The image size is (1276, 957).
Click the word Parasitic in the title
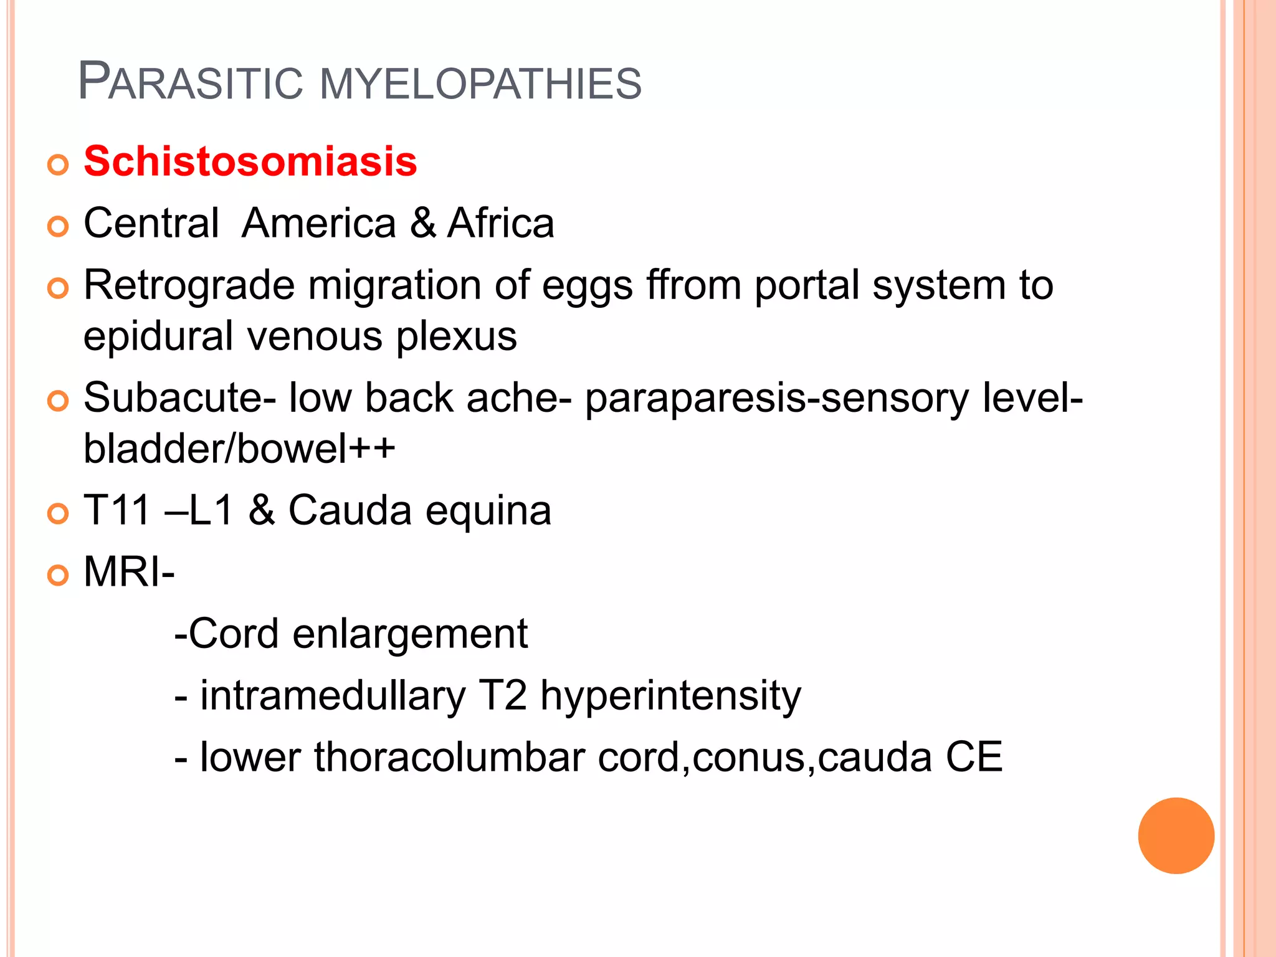coord(190,82)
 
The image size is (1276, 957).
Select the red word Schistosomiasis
coord(250,161)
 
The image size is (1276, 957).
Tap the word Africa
coord(500,223)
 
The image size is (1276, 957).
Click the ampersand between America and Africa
coord(422,223)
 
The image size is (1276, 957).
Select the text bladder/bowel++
coord(239,449)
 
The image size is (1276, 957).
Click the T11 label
coord(117,510)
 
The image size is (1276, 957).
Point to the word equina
coord(488,512)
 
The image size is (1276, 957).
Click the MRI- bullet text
coord(129,571)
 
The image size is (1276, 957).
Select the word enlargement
coord(410,634)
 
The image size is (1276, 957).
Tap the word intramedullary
coord(332,696)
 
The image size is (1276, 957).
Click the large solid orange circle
coord(1176,836)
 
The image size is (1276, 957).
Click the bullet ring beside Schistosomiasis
coord(58,164)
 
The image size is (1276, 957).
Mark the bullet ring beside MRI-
coord(58,575)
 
